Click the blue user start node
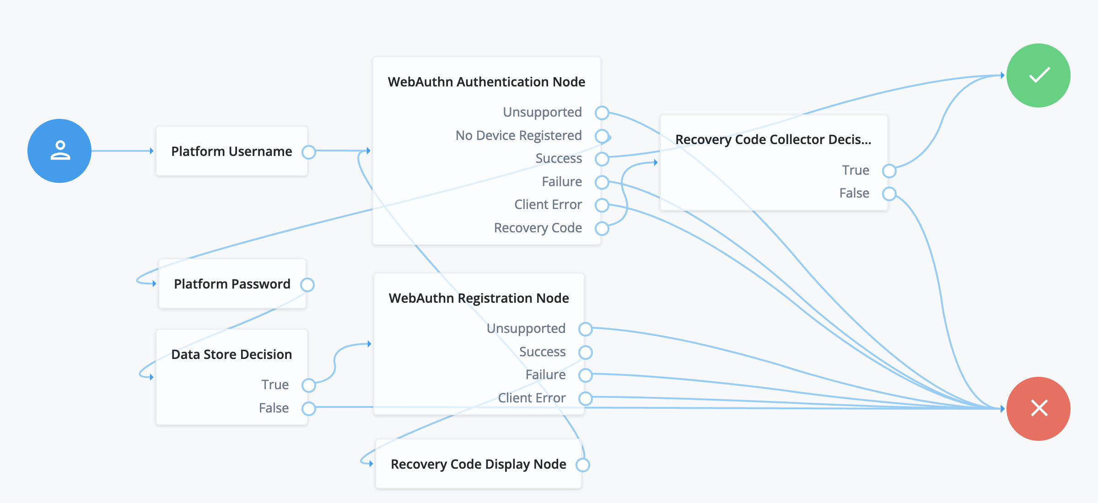pos(59,151)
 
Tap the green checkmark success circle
pos(1038,75)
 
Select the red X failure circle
pos(1038,408)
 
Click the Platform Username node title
pos(231,151)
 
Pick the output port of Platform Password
pos(307,284)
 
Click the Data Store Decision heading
pos(231,354)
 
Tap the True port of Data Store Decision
pos(309,385)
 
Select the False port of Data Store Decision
pos(309,408)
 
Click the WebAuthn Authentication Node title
pos(486,82)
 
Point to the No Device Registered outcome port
pos(602,136)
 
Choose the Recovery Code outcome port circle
pos(602,228)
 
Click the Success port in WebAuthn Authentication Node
pos(602,159)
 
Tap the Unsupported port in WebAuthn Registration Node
pos(586,329)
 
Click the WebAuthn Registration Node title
pos(479,298)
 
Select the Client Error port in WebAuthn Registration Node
pos(586,398)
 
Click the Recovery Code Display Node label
pos(478,464)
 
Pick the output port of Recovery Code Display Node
pos(583,465)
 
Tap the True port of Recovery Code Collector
pos(889,171)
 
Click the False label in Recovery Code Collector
pos(854,193)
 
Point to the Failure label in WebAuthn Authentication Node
pos(562,182)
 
